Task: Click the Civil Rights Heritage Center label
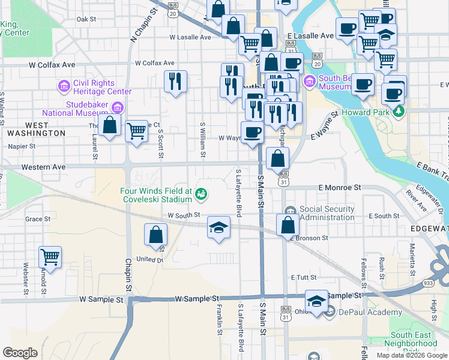[x=102, y=88]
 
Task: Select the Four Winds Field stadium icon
[x=201, y=193]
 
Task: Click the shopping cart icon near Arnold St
[x=50, y=257]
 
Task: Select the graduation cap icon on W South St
[x=219, y=227]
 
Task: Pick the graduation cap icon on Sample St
[x=316, y=301]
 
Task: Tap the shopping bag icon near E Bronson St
[x=288, y=224]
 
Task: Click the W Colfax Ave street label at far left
[x=52, y=64]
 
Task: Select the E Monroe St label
[x=340, y=187]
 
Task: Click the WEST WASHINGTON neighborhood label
[x=37, y=128]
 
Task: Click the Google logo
[x=20, y=353]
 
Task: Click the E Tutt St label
[x=303, y=277]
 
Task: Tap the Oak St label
[x=86, y=19]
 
